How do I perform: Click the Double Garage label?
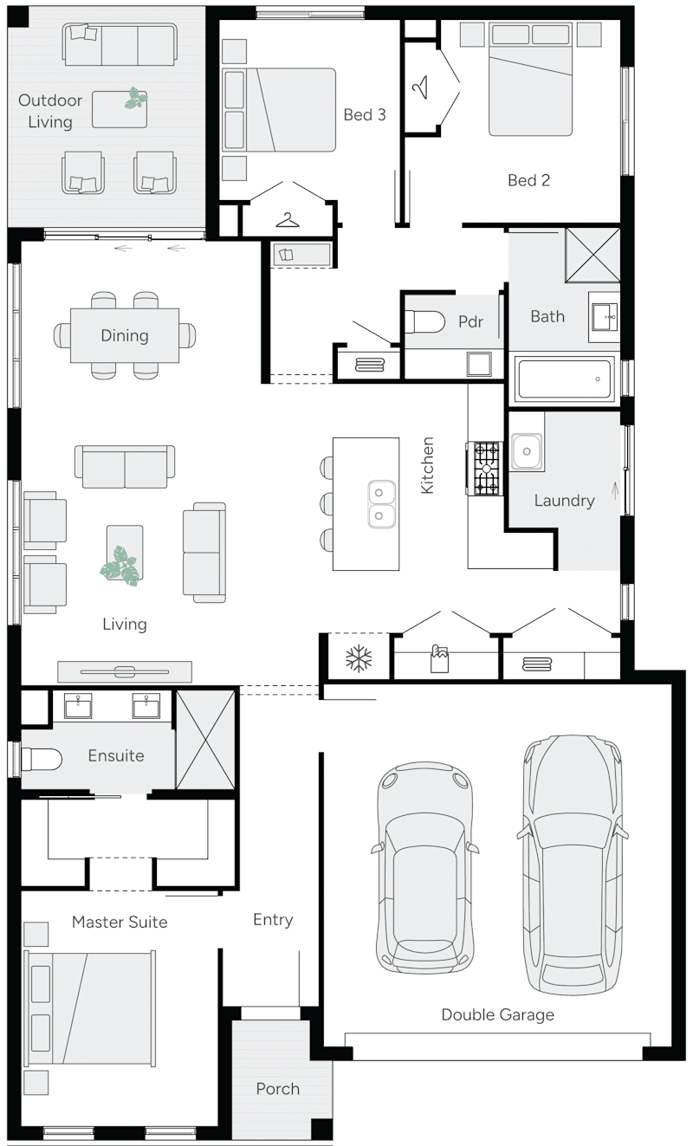pyautogui.click(x=497, y=1014)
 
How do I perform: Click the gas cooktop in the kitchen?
pyautogui.click(x=486, y=469)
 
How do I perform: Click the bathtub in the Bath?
pyautogui.click(x=564, y=379)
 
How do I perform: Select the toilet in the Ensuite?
pyautogui.click(x=41, y=760)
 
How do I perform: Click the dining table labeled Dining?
pyautogui.click(x=125, y=335)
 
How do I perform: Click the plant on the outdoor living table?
pyautogui.click(x=134, y=99)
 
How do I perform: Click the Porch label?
pyautogui.click(x=277, y=1089)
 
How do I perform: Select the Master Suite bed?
pyautogui.click(x=90, y=1009)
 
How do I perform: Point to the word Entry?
pyautogui.click(x=273, y=920)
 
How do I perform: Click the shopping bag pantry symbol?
pyautogui.click(x=440, y=660)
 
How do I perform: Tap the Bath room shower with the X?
pyautogui.click(x=593, y=255)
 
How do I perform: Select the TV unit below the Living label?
pyautogui.click(x=125, y=671)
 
